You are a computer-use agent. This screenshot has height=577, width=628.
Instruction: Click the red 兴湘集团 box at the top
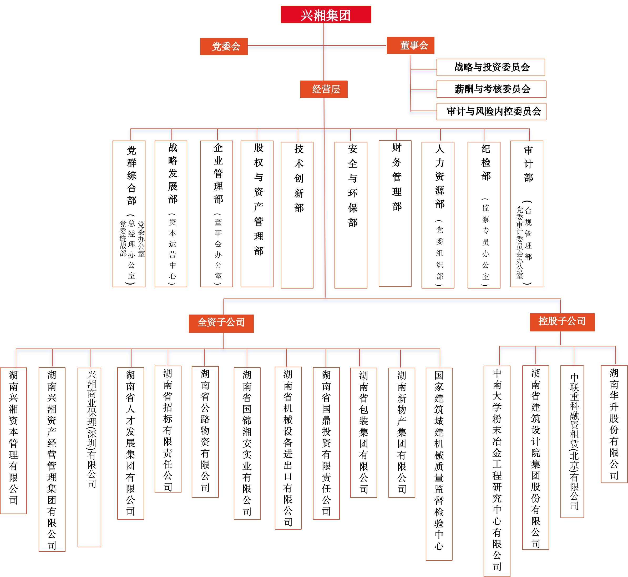pos(326,14)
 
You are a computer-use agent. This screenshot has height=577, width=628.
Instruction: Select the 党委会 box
pos(224,46)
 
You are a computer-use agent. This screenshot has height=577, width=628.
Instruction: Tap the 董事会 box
pos(410,45)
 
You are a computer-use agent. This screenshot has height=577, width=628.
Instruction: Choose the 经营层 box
pos(323,89)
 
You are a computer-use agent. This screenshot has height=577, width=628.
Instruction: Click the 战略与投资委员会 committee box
pos(490,67)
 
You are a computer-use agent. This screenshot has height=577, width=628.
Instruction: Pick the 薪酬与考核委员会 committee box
pos(491,89)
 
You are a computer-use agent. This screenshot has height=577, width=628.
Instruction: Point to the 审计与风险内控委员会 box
pos(491,111)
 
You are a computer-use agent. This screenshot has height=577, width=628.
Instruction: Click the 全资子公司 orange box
pos(221,324)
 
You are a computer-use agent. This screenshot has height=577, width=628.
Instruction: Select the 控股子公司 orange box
pos(562,322)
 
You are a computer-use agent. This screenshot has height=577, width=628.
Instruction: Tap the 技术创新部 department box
pos(297,215)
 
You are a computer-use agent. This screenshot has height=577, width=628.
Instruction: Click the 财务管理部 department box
pos(395,213)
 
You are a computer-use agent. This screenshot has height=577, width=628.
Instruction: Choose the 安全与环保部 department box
pos(351,215)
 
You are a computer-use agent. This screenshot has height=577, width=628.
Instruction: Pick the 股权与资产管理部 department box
pos(257,213)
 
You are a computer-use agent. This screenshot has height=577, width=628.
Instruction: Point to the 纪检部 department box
pos(484,215)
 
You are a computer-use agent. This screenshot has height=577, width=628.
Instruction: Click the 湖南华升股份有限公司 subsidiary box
pos(614,424)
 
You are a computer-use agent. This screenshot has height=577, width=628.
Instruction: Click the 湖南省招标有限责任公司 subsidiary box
pos(168,429)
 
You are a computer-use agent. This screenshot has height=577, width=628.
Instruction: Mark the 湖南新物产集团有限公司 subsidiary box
pos(402,432)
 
